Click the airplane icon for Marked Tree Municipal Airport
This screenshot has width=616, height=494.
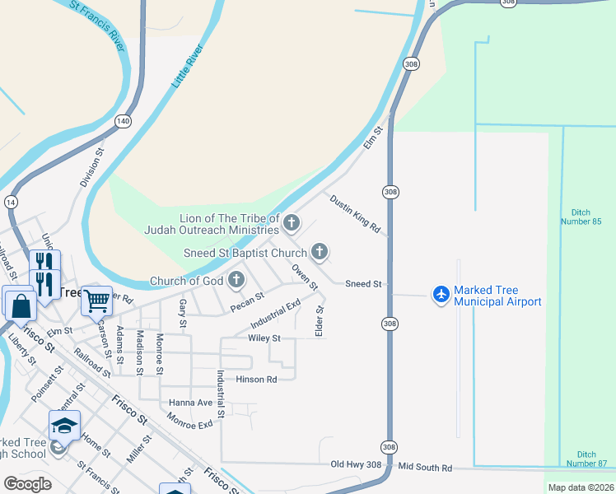(x=441, y=293)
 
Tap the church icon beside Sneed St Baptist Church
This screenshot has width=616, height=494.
(x=320, y=251)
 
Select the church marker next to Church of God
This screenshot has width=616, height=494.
(x=236, y=280)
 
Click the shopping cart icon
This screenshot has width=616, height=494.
(x=96, y=301)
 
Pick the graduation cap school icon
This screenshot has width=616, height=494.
(x=64, y=426)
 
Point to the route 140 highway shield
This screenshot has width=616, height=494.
(x=123, y=121)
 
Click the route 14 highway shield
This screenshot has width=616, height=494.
(x=11, y=202)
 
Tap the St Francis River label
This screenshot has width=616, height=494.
(x=100, y=26)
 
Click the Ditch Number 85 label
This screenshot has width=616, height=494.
(x=586, y=217)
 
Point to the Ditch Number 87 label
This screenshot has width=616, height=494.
(x=586, y=459)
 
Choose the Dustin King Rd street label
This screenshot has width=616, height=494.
(x=355, y=213)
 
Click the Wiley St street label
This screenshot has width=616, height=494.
(x=264, y=338)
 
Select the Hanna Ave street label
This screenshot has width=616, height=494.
(x=190, y=403)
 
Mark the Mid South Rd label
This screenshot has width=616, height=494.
(x=425, y=468)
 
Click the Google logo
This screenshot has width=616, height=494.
(x=27, y=484)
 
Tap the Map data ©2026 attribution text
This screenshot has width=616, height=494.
(x=580, y=487)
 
